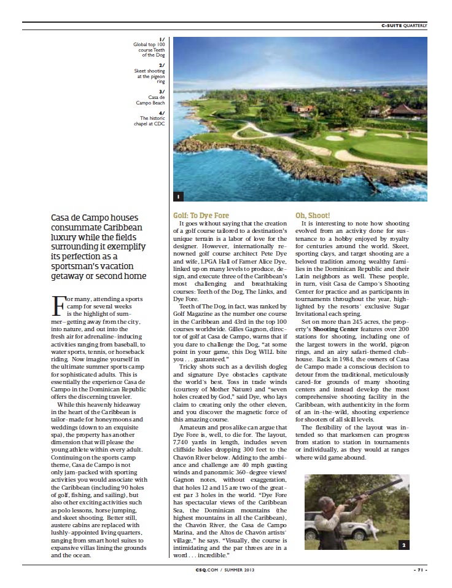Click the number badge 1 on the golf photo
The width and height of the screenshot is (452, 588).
[x=177, y=197]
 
